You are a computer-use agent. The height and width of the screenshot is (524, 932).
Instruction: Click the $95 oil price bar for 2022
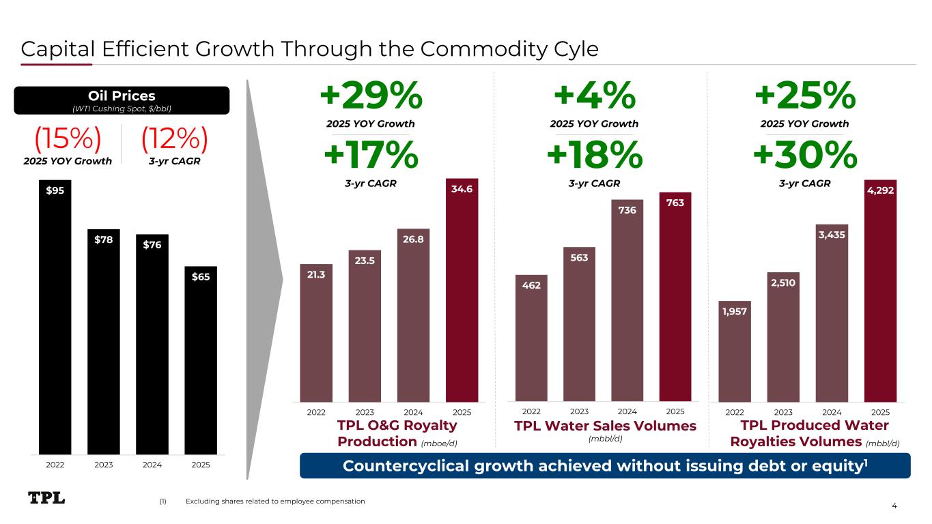(x=55, y=317)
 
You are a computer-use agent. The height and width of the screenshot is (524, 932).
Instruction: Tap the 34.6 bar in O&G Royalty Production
(x=462, y=291)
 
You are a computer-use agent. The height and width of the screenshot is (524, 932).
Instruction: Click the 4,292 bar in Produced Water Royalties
(x=880, y=291)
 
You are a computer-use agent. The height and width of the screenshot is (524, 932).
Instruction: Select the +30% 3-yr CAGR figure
(x=805, y=156)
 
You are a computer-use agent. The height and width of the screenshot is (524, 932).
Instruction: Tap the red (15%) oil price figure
(x=68, y=141)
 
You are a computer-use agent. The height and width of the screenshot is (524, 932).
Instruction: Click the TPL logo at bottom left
(x=46, y=499)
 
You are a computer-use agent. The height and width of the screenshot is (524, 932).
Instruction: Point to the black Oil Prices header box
(x=123, y=100)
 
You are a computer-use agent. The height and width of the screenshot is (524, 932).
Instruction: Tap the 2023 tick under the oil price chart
(x=103, y=465)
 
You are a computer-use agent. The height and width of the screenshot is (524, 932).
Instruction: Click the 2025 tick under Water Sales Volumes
(x=675, y=411)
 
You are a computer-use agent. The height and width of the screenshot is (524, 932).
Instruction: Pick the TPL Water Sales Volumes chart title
(x=605, y=426)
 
